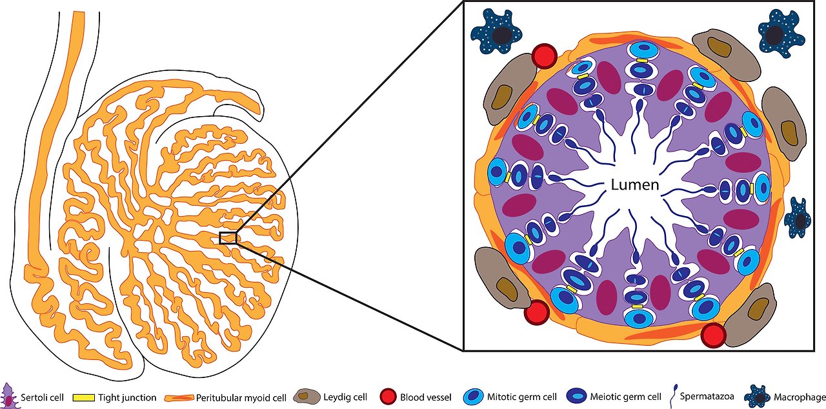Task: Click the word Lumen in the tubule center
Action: click(635, 186)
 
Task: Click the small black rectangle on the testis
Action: click(228, 238)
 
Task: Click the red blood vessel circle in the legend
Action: click(387, 397)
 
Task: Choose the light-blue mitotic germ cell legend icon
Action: click(476, 397)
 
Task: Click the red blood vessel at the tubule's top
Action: click(544, 55)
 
